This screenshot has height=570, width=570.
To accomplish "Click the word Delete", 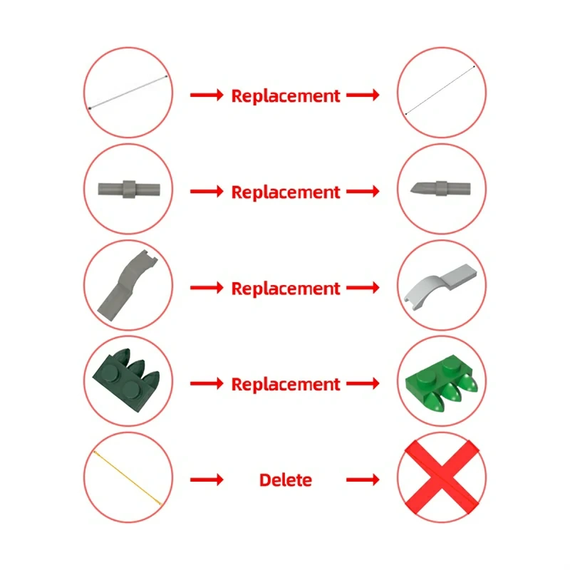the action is tap(286, 480).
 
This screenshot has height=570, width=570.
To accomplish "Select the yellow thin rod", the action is tap(128, 478).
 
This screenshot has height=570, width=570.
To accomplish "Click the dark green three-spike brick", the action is tap(127, 380).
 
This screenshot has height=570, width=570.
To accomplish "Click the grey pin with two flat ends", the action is tap(129, 190).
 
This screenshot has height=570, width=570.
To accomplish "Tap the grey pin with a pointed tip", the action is tap(440, 188).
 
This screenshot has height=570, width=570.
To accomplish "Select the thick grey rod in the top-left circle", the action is tap(128, 93).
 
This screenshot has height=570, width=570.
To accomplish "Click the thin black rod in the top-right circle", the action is tap(440, 90).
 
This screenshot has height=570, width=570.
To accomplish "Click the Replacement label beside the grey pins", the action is tap(286, 192).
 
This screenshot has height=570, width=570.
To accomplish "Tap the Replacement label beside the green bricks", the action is tap(286, 384).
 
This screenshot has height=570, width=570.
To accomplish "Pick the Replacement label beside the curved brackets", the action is tap(286, 289).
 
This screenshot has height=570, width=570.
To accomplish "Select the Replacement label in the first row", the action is tap(286, 96).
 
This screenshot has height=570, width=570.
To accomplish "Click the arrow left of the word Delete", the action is tap(207, 480).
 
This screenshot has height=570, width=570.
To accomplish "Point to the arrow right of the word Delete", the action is tap(363, 480).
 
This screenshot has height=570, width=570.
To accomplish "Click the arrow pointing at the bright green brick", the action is tap(363, 383).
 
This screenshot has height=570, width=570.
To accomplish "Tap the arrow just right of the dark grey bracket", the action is tap(207, 288).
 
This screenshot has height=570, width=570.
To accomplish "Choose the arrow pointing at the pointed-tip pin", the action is tap(363, 191).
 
